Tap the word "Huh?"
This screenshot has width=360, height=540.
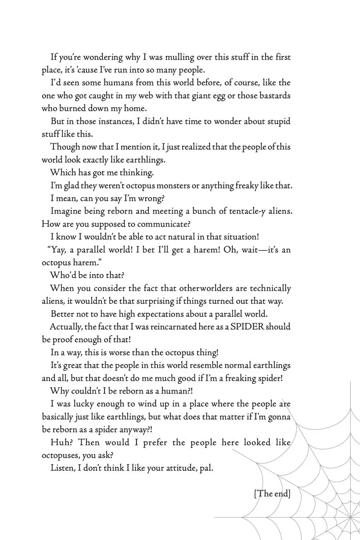[61, 442]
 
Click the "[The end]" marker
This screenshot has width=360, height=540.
[272, 493]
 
